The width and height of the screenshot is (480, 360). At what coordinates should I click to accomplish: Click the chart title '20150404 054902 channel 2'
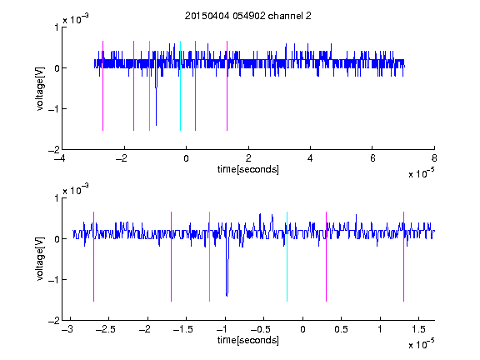(x=248, y=16)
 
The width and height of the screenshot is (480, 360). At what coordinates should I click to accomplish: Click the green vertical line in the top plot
(x=149, y=86)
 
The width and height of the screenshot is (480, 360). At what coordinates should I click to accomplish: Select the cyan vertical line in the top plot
(x=180, y=86)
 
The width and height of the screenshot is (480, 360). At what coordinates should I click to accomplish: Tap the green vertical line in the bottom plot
(x=209, y=257)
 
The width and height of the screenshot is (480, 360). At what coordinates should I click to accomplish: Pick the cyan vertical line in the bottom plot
(x=287, y=257)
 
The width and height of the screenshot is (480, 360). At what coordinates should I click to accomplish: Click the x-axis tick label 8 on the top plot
(x=434, y=158)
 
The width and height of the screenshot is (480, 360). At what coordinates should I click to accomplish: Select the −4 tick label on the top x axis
(x=60, y=158)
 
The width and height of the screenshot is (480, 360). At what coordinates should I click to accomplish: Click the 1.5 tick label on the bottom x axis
(x=418, y=329)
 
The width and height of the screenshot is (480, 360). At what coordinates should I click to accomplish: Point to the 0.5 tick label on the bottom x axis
(x=341, y=329)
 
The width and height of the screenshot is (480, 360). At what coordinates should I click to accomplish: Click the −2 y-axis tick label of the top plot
(x=53, y=150)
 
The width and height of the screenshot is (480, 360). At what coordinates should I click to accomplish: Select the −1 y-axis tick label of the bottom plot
(x=53, y=280)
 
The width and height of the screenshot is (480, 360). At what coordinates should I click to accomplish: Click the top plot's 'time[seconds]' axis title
(x=248, y=169)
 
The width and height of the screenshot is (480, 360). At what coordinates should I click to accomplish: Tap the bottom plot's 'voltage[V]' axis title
(x=40, y=259)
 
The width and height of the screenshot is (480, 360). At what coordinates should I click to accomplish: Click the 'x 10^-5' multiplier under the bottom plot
(x=421, y=344)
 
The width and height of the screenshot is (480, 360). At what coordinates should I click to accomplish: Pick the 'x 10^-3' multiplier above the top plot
(x=76, y=19)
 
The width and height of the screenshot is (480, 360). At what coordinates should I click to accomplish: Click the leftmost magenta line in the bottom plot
(x=93, y=257)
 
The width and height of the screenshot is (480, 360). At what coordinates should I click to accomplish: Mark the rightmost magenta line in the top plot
(x=227, y=86)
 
